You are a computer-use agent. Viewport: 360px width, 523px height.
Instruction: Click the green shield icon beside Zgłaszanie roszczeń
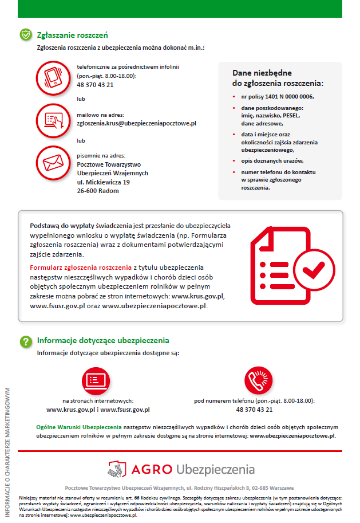(26, 35)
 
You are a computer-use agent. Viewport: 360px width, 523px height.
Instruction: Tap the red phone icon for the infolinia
(53, 76)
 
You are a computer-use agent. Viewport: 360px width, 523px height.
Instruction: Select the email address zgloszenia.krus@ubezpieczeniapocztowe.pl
(137, 123)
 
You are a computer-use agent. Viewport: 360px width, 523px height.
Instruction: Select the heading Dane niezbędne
(262, 73)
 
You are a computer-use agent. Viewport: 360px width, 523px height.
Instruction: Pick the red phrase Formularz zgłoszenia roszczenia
(81, 268)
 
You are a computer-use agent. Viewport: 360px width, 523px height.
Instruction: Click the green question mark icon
(26, 341)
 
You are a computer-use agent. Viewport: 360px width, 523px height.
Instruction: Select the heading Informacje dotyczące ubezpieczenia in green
(103, 340)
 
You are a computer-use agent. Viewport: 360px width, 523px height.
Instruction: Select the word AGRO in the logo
(151, 470)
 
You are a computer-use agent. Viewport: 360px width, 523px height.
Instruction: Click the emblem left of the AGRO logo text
(117, 469)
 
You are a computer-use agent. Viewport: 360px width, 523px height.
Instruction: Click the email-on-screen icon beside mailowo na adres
(53, 119)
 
